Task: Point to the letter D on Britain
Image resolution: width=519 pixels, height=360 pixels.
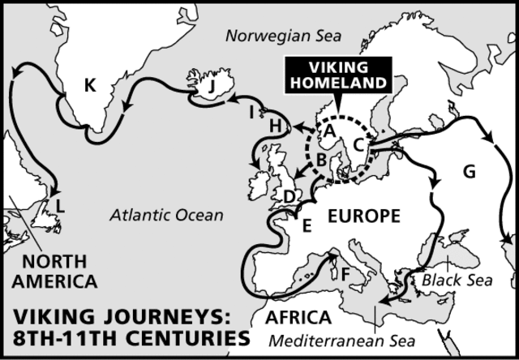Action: point(290,196)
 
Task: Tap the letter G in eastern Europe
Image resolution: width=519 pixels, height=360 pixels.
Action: point(469,172)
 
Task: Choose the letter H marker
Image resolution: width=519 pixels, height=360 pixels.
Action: point(275,126)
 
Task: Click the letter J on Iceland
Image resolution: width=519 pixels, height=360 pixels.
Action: point(212,84)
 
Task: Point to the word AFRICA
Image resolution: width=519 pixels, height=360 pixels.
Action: point(301,316)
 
